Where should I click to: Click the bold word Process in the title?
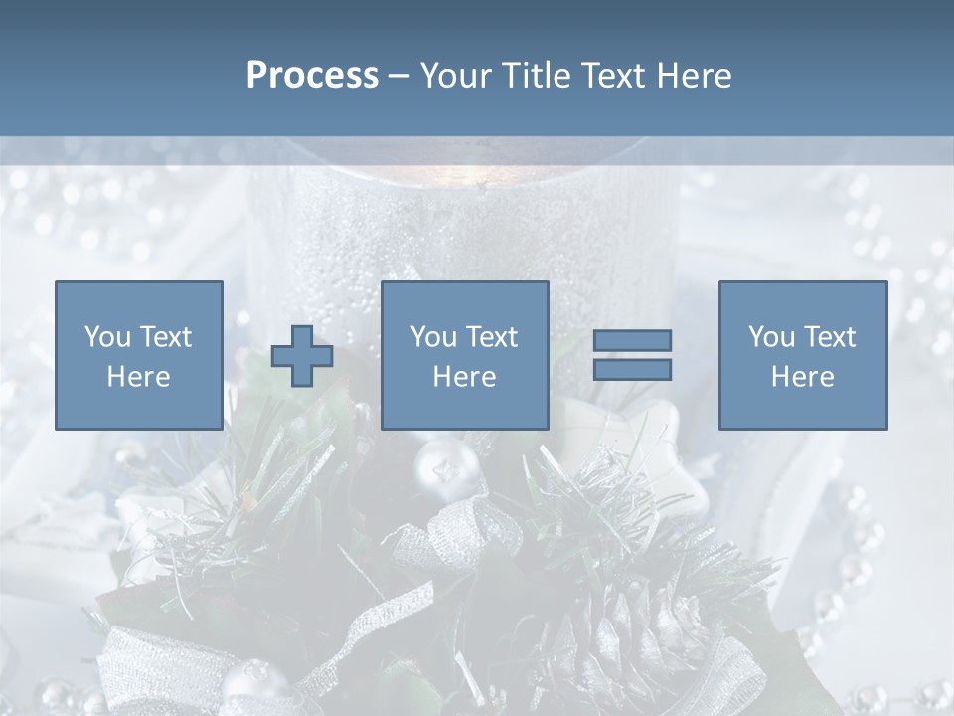tap(312, 76)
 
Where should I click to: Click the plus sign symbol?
tap(302, 356)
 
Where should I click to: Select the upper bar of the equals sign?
tap(632, 341)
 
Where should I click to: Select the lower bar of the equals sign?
tap(632, 369)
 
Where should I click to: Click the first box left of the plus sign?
tap(138, 355)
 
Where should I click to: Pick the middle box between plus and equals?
tap(464, 355)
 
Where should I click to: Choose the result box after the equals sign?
tap(802, 355)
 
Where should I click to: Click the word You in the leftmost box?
tap(105, 336)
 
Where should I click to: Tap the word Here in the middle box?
tap(464, 377)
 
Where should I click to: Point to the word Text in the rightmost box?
tap(831, 336)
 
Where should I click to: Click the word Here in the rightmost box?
tap(802, 377)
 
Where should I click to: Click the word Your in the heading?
tap(457, 76)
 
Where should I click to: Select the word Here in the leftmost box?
tap(138, 377)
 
